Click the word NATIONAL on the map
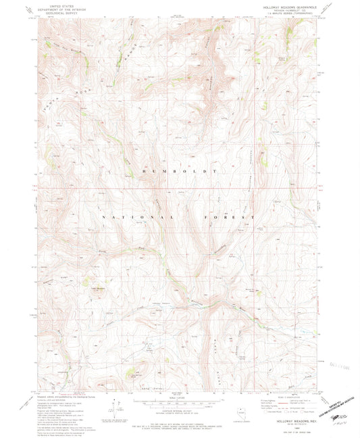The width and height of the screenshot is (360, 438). point(132,216)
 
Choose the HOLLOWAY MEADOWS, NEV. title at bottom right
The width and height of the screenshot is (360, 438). point(290,421)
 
